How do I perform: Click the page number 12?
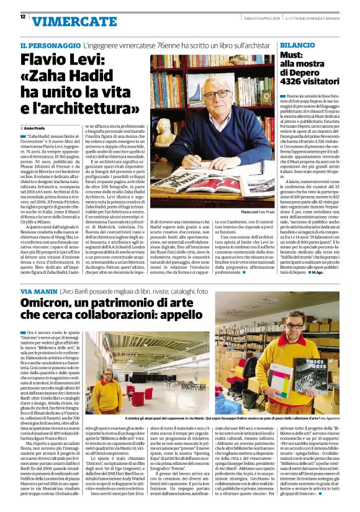point(23,17)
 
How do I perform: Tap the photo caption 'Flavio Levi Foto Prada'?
point(257,212)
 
